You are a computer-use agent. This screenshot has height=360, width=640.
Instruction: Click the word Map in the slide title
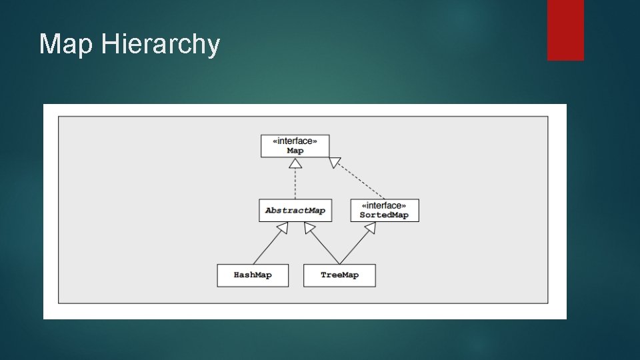[67, 45]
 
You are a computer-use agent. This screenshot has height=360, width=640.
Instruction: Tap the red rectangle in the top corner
[565, 30]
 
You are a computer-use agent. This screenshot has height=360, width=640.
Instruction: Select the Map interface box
[295, 146]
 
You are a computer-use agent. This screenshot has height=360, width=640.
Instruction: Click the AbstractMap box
[295, 210]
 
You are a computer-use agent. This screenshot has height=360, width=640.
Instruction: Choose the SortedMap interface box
[384, 210]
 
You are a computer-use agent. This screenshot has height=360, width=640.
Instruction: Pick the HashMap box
[253, 275]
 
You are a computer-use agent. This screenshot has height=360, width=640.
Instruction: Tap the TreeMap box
[339, 275]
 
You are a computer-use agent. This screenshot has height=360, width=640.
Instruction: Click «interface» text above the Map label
[295, 141]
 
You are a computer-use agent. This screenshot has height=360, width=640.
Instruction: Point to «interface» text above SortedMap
[384, 205]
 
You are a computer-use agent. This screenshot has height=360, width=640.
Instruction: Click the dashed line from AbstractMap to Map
[295, 183]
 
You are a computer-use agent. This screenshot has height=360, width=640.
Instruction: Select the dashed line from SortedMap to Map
[360, 180]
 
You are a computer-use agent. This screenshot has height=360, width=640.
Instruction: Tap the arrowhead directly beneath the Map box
[295, 162]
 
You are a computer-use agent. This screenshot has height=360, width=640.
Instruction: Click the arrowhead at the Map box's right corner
[335, 162]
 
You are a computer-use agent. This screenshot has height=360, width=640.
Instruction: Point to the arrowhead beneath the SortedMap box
[370, 227]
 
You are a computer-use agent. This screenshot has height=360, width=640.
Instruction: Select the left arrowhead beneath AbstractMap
[283, 227]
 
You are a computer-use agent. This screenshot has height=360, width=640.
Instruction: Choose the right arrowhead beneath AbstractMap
[309, 227]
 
